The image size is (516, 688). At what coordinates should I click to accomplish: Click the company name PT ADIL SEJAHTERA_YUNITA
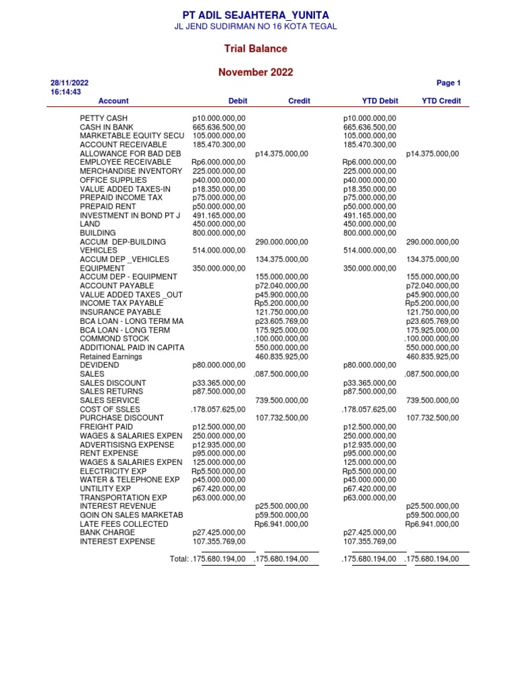255,15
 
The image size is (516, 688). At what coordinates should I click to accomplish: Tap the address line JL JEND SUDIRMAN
255,27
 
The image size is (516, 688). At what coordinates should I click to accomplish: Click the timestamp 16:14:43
66,92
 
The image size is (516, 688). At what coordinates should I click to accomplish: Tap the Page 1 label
448,83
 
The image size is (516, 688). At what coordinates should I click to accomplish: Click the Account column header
114,101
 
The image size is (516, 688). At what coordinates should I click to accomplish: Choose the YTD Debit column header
380,101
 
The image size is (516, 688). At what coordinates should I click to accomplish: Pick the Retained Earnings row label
111,357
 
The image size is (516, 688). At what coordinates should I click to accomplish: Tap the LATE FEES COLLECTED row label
124,523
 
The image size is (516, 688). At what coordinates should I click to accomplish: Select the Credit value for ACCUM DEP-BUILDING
282,242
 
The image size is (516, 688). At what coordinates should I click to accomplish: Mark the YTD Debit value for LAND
370,224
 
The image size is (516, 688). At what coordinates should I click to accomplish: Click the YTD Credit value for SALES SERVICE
433,400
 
